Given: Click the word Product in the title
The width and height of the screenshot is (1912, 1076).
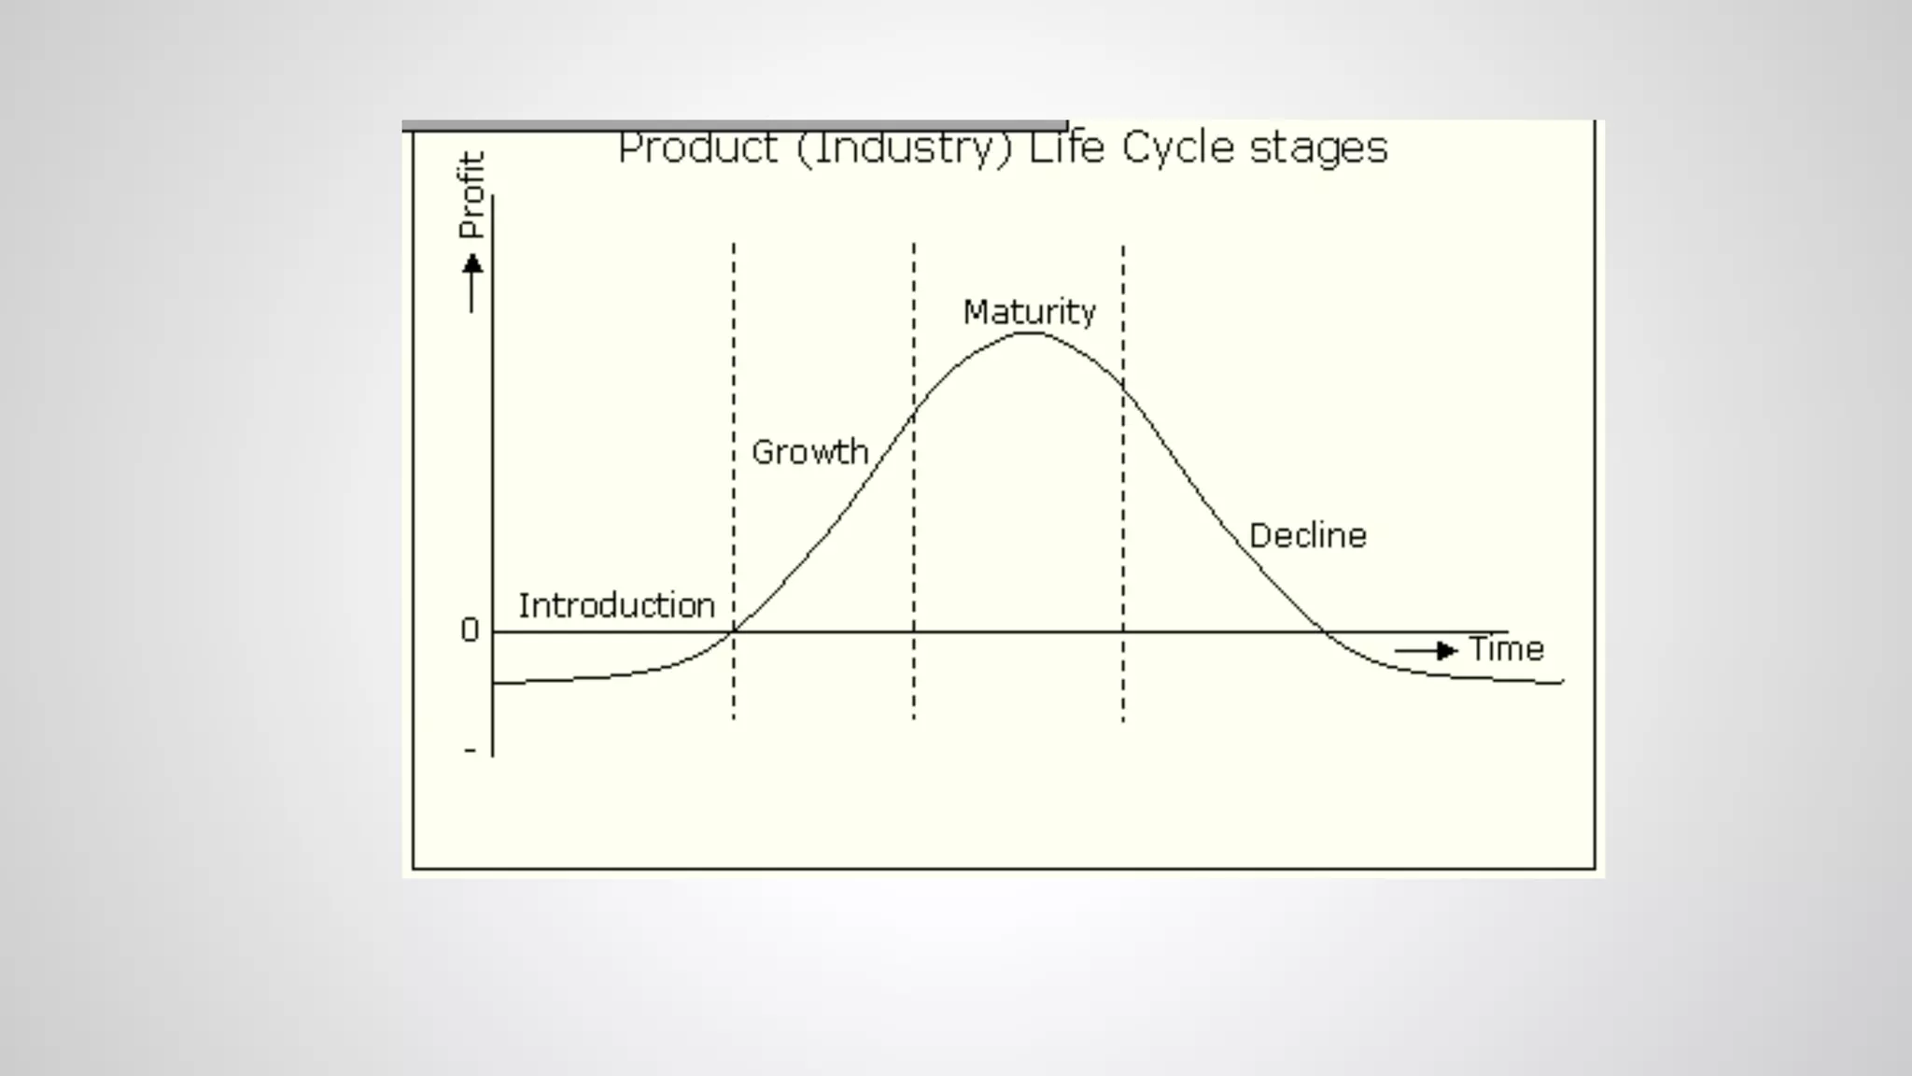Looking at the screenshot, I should [x=697, y=149].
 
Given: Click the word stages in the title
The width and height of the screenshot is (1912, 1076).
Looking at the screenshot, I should [x=1318, y=149].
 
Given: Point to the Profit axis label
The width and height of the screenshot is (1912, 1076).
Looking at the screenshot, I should [x=472, y=195].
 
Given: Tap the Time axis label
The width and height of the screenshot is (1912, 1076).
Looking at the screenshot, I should [x=1506, y=648].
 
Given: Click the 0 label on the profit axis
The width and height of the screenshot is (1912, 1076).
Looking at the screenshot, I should [x=470, y=630].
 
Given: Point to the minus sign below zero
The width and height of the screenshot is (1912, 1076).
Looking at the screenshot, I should [x=470, y=750].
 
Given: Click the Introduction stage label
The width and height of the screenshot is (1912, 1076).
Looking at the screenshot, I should [x=616, y=605].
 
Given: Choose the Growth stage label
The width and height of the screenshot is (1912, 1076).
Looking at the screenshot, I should [x=809, y=452].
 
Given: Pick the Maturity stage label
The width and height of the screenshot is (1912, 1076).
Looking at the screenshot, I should [x=1029, y=311].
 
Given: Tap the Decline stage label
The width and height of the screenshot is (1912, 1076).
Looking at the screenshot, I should [x=1307, y=535].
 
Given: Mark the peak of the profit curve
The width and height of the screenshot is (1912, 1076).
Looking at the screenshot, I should [x=1028, y=333].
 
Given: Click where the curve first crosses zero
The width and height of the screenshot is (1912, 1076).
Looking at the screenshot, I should [x=733, y=632].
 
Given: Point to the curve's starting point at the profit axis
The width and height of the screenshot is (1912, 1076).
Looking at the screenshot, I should [x=493, y=684].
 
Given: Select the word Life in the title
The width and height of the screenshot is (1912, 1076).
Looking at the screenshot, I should [x=1066, y=149].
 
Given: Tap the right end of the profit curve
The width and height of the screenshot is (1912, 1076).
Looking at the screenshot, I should [x=1561, y=683].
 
